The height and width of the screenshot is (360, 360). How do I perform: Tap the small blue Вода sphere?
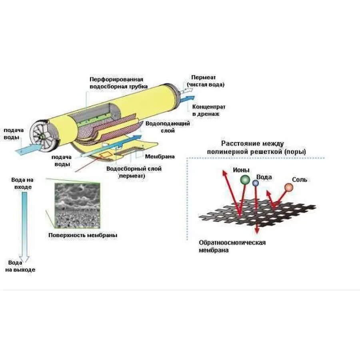coord(256,183)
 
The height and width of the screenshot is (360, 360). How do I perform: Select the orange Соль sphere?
coord(288,187)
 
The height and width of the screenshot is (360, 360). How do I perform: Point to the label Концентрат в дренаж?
coord(208,110)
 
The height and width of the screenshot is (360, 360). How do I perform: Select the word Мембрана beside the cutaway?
coord(159,156)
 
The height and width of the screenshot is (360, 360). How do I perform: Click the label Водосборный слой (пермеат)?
coord(134,172)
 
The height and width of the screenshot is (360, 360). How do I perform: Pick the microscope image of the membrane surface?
coord(76,205)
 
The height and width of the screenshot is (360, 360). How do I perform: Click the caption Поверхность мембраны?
coord(83,235)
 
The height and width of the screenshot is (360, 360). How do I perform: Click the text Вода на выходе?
coord(20,266)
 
